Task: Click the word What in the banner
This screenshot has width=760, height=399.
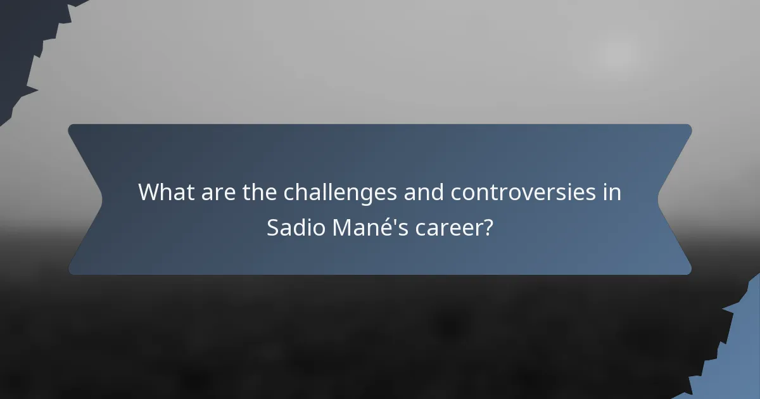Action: click(x=166, y=192)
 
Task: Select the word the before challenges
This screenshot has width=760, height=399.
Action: click(x=260, y=192)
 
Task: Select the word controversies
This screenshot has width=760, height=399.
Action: click(x=522, y=192)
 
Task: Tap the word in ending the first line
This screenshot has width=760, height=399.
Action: click(x=612, y=192)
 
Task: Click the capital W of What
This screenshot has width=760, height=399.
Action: click(x=149, y=192)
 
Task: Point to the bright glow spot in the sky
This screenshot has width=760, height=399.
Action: click(x=614, y=56)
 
